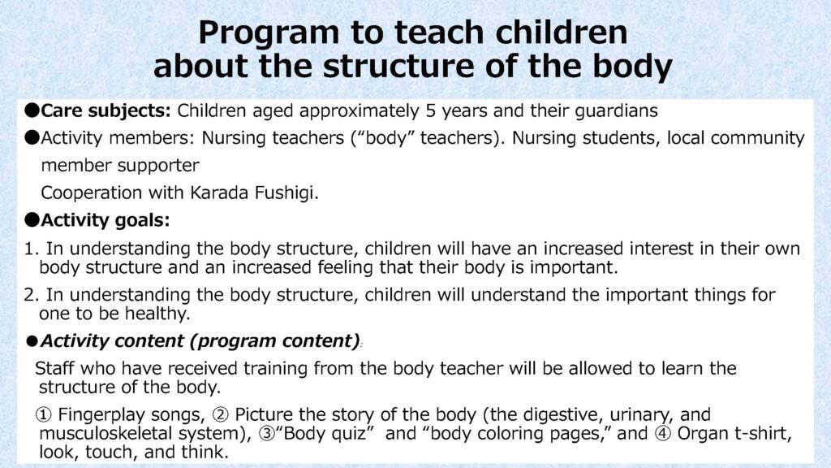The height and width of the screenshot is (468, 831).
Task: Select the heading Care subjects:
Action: pos(106,110)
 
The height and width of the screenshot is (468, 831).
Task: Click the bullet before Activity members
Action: pos(31,138)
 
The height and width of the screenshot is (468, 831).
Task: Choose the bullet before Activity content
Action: pos(33,340)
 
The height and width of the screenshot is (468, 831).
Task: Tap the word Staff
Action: pos(54,368)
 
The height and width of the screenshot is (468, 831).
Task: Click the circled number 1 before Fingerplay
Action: pos(45,414)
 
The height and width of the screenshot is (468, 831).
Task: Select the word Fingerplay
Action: pos(98,414)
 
